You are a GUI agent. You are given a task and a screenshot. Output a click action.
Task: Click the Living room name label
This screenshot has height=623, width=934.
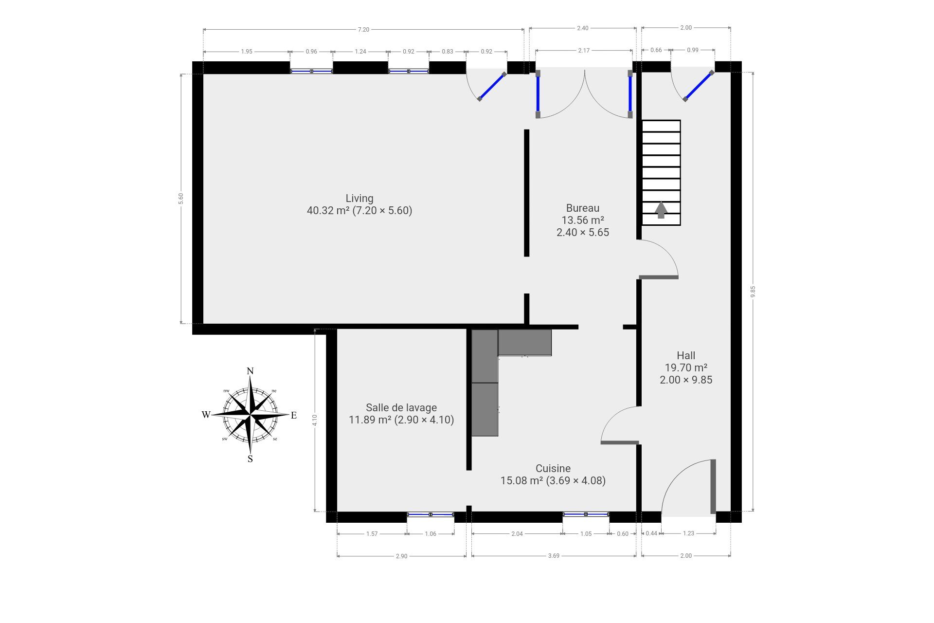(x=359, y=198)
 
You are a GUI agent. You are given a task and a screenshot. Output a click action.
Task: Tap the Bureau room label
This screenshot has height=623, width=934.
(x=583, y=208)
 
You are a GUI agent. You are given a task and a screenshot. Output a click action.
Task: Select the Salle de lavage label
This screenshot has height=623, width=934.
(x=401, y=407)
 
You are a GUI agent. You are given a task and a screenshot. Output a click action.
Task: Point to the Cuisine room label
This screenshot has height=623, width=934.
(x=553, y=468)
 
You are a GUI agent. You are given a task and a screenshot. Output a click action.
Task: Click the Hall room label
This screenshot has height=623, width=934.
(x=686, y=355)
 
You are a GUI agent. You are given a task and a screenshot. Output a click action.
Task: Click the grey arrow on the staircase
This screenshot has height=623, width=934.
(x=661, y=210)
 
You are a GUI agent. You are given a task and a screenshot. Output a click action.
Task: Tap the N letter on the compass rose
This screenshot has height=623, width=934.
(x=250, y=371)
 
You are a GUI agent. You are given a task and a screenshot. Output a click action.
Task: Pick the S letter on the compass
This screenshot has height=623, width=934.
(x=250, y=459)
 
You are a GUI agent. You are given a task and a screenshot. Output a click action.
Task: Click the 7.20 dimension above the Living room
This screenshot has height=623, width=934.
(x=363, y=30)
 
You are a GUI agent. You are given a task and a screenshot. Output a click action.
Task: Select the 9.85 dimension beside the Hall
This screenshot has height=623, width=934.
(x=753, y=291)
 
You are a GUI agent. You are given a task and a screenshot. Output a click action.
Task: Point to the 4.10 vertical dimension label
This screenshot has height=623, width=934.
(x=315, y=420)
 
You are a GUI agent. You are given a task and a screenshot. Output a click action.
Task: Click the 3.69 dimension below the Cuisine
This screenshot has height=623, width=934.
(x=554, y=556)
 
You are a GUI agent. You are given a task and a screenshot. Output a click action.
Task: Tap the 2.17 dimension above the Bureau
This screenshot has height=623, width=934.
(x=584, y=50)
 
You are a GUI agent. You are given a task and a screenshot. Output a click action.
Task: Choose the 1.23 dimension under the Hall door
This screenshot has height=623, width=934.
(x=688, y=533)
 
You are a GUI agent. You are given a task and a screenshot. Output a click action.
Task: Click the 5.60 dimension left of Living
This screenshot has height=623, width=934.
(x=181, y=199)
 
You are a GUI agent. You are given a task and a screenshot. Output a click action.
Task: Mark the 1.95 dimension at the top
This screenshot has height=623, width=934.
(x=247, y=52)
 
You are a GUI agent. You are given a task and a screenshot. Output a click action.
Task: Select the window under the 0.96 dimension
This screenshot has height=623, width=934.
(x=312, y=71)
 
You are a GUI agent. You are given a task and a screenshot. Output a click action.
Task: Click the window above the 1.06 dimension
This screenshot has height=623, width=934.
(x=431, y=514)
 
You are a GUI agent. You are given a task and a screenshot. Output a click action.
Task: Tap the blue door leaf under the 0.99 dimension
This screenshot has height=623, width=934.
(x=699, y=86)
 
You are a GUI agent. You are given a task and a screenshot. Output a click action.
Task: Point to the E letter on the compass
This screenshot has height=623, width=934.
(x=294, y=415)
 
